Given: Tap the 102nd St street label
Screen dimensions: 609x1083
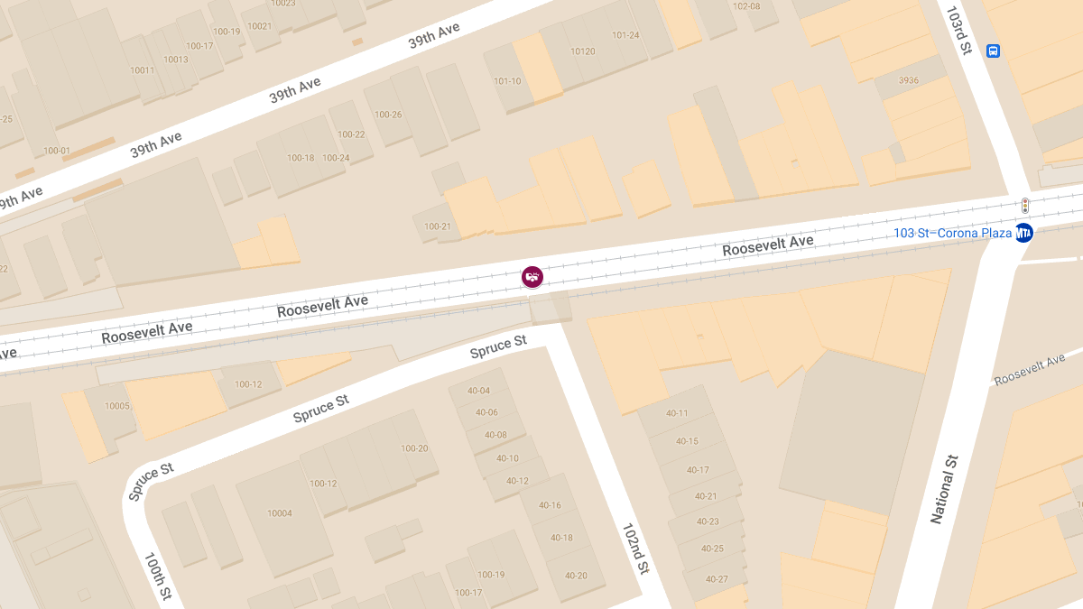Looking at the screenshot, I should [636, 548].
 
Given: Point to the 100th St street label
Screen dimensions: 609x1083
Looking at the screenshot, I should [157, 577].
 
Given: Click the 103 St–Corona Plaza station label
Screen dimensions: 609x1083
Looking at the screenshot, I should [952, 233].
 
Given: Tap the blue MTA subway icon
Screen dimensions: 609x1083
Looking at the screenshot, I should [1023, 233].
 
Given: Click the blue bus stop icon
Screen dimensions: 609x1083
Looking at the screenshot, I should [993, 51].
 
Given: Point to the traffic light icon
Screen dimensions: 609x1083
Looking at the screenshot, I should [1024, 206].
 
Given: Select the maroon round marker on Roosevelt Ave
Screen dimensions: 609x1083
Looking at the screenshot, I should [532, 277].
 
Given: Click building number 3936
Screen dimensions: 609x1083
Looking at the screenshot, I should [909, 80].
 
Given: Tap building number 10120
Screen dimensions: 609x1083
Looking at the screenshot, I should [583, 51].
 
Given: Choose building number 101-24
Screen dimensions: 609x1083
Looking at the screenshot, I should [625, 35].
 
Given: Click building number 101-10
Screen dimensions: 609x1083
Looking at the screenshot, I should [507, 81].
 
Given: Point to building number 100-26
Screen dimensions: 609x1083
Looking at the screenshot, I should [388, 115].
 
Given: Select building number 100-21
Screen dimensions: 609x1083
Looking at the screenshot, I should [437, 226].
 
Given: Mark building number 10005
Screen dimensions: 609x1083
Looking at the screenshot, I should [117, 406].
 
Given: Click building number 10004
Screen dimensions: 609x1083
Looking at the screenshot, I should [280, 513].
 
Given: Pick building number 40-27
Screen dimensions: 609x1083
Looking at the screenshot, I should [717, 579].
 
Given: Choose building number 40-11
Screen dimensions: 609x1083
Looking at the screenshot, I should [677, 413].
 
